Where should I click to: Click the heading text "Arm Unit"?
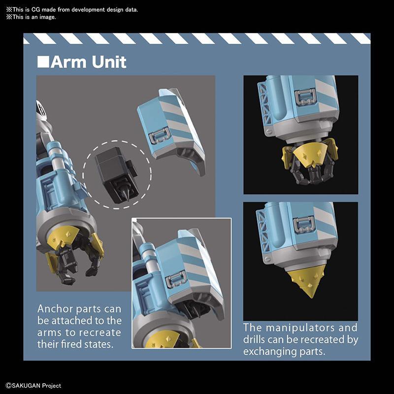pyautogui.click(x=88, y=62)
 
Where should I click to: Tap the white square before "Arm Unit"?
pyautogui.click(x=43, y=62)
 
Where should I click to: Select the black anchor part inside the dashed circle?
pyautogui.click(x=116, y=174)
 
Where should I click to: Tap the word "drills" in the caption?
pyautogui.click(x=254, y=339)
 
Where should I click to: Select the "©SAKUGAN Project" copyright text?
pyautogui.click(x=33, y=386)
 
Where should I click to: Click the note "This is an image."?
pyautogui.click(x=31, y=17)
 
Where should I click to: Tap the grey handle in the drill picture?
pyautogui.click(x=304, y=225)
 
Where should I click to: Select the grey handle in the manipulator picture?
pyautogui.click(x=305, y=97)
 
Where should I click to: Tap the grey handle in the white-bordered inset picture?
pyautogui.click(x=176, y=279)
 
